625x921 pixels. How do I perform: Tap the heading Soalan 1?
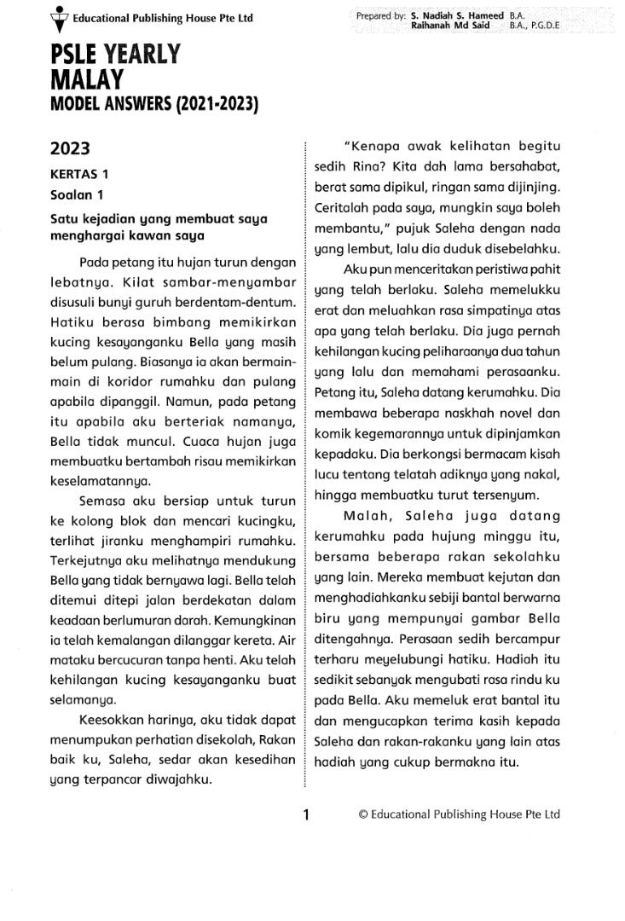[x=76, y=194]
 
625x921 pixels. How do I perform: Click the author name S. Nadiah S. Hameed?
[x=457, y=16]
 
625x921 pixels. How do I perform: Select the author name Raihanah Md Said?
[x=449, y=26]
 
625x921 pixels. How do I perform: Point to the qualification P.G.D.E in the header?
[x=547, y=26]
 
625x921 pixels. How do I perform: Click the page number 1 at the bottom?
[x=305, y=814]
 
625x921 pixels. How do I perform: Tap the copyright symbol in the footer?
[x=363, y=814]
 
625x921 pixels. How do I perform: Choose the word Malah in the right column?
[x=367, y=517]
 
